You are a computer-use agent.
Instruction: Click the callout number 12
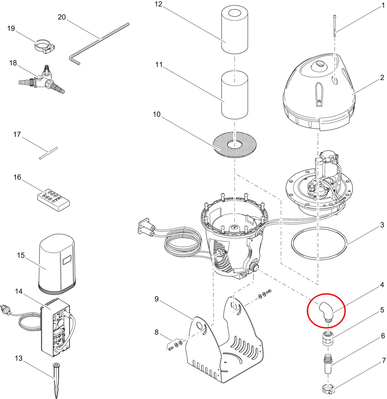[x=158, y=4]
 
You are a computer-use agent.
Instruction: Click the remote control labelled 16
[x=53, y=200]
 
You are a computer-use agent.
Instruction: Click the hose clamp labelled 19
[x=45, y=47]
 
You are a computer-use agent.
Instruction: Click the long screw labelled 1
[x=335, y=26]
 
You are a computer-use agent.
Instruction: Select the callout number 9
[x=157, y=299]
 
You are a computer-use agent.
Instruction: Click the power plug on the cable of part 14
[x=5, y=311]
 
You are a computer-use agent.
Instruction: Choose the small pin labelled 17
[x=49, y=153]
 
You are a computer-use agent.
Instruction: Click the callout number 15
[x=21, y=255]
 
